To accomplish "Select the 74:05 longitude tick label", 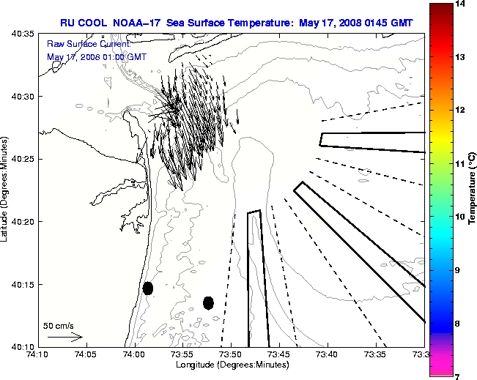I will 86,354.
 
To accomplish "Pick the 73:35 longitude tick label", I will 376,354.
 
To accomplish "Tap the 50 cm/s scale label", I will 59,325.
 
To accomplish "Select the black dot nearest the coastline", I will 148,288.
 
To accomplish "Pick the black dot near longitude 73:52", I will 208,302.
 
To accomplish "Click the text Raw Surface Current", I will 78,45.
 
